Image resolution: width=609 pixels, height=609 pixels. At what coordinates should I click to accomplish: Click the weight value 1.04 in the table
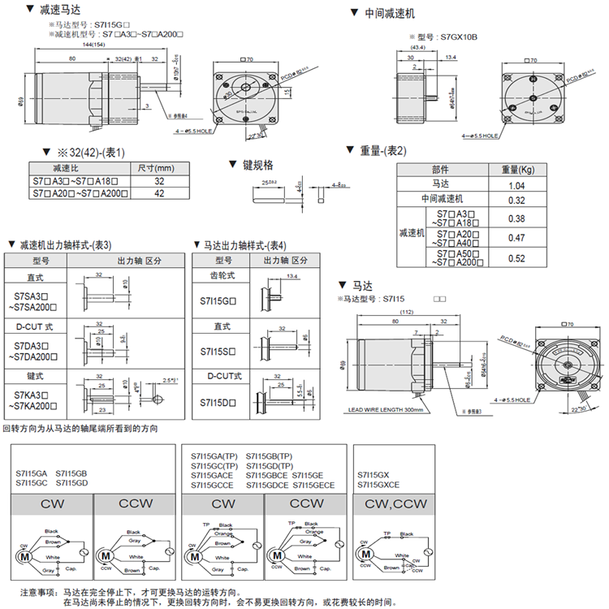(x=516, y=185)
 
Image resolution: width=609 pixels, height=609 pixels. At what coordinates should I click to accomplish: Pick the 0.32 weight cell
(x=516, y=200)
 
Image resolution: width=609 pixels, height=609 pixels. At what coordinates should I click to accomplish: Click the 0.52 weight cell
(x=516, y=258)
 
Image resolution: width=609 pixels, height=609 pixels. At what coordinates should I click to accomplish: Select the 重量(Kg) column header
(x=516, y=170)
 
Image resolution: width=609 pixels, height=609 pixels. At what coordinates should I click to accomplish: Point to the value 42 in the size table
(x=158, y=194)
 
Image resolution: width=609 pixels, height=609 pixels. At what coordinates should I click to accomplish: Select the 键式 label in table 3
(x=35, y=376)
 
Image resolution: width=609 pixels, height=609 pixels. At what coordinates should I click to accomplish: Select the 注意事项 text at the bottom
(x=39, y=592)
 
